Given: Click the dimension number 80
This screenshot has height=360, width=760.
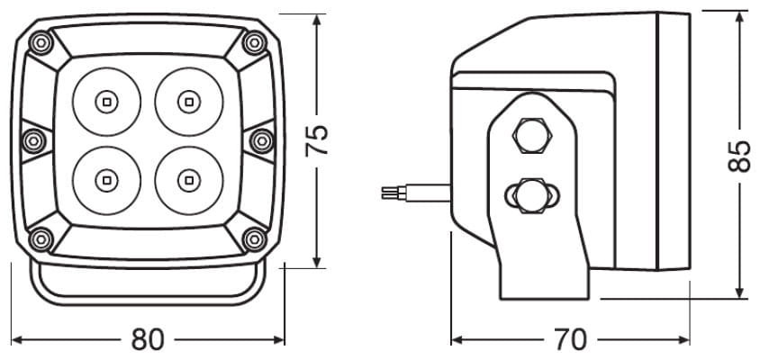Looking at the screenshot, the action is click(148, 339).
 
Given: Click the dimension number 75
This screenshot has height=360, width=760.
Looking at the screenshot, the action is click(317, 140).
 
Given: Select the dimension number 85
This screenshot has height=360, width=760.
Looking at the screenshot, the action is click(739, 156).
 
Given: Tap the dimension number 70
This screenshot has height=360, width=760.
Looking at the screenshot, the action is click(571, 339).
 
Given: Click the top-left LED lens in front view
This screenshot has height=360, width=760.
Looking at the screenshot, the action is click(106, 102).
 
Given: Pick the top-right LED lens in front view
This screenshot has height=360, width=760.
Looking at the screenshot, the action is click(189, 102).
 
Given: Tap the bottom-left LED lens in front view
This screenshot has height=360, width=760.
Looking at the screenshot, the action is click(106, 181).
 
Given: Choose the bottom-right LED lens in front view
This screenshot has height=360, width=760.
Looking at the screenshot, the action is click(189, 181).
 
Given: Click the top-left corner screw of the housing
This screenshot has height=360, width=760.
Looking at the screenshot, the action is click(41, 42).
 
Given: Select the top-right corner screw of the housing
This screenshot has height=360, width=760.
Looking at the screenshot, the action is click(255, 42).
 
